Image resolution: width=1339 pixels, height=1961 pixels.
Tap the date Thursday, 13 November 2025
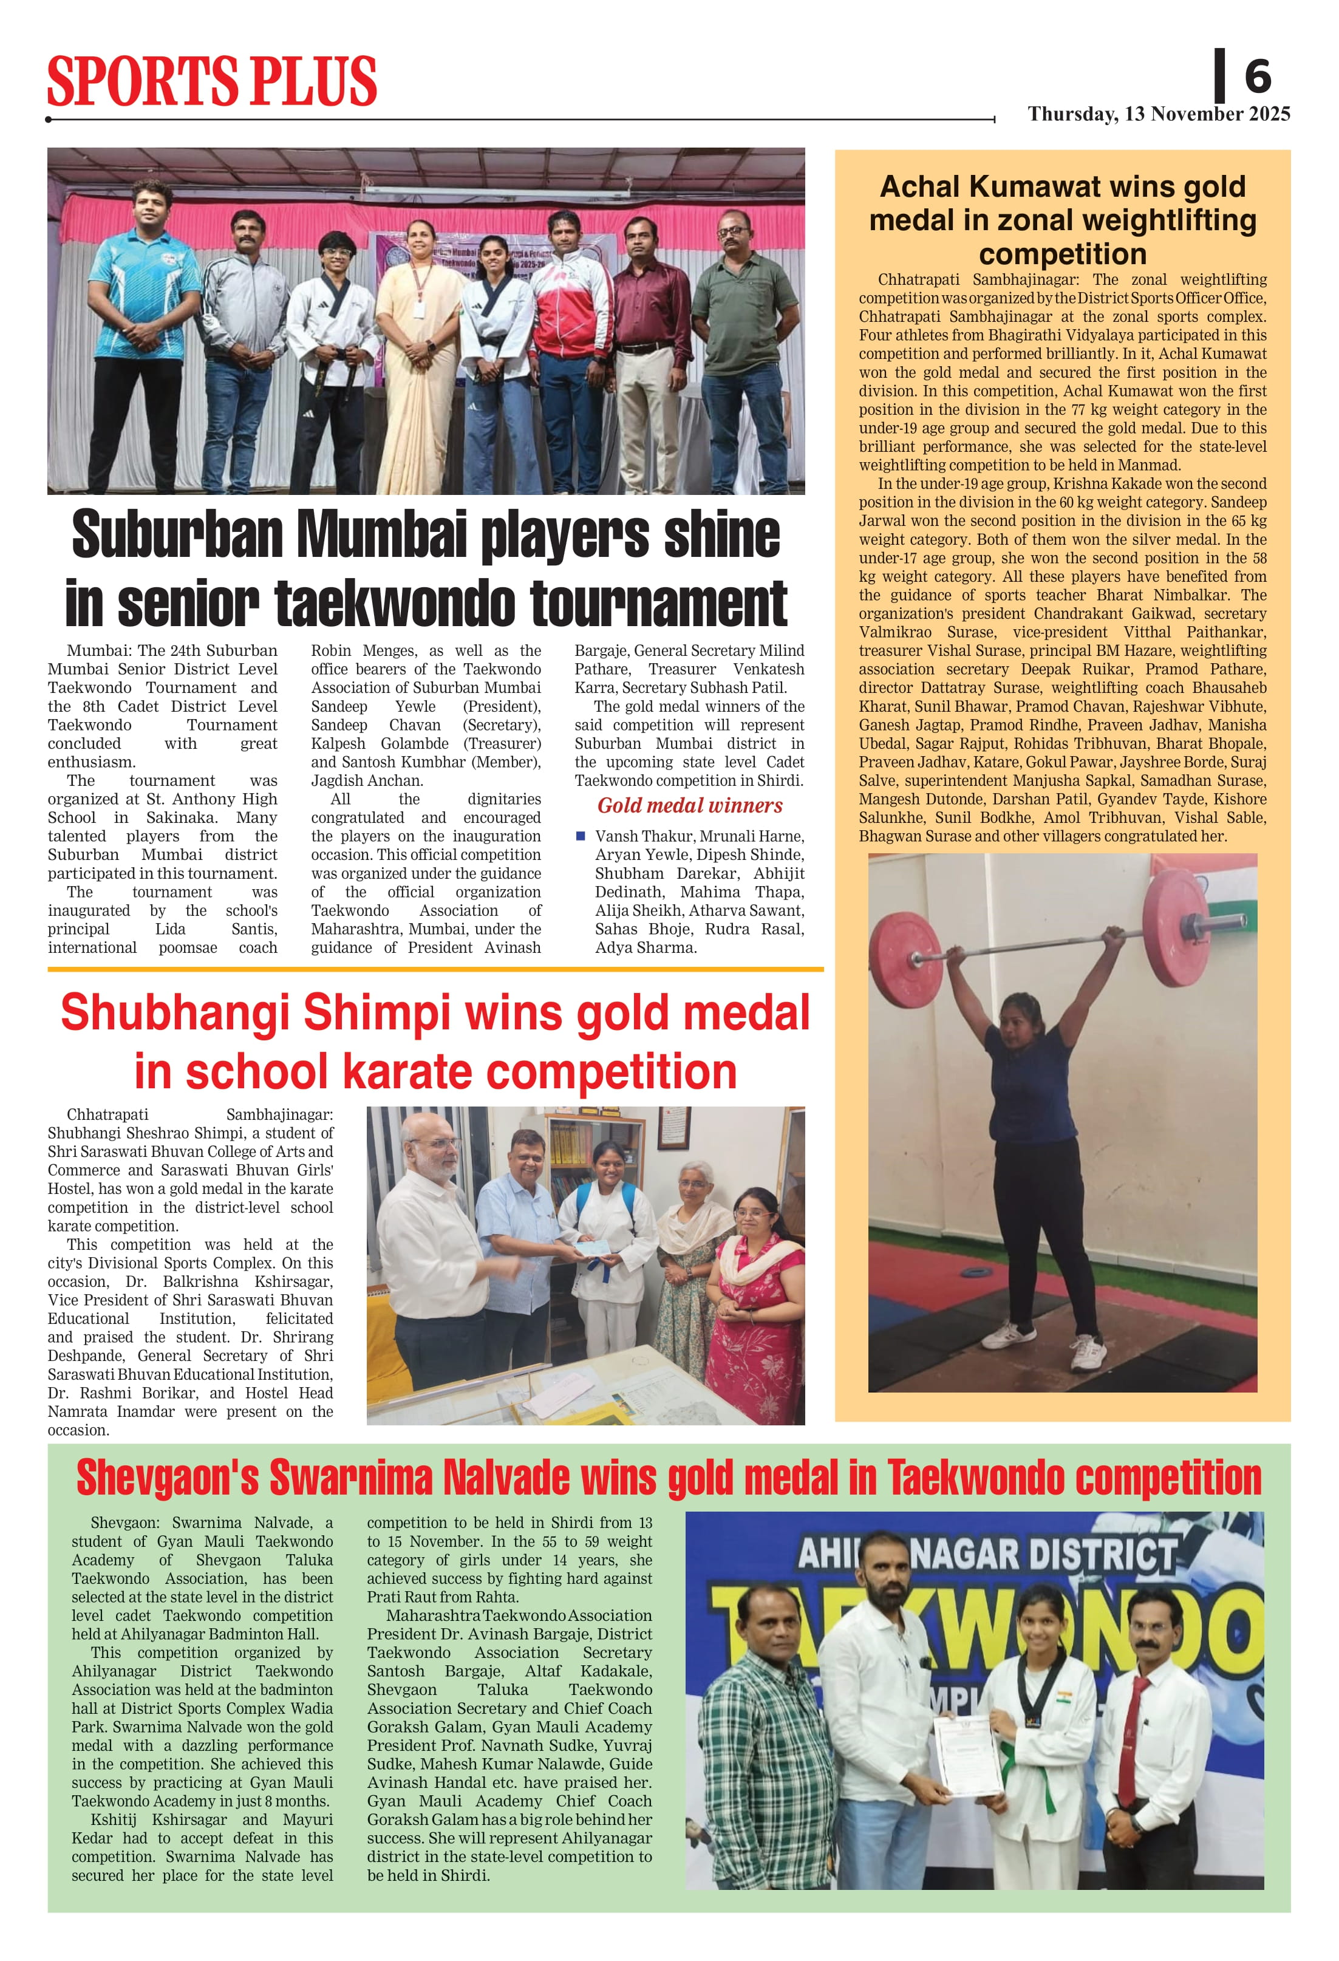[x=1159, y=114]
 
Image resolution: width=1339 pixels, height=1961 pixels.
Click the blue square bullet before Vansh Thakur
[x=581, y=836]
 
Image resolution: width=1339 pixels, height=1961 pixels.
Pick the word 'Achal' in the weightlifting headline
[x=919, y=186]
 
